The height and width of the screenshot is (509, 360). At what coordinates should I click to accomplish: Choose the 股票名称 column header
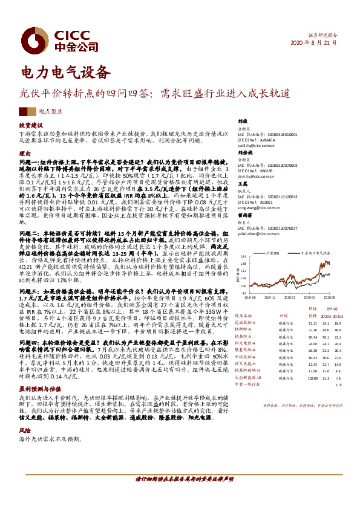[241, 315]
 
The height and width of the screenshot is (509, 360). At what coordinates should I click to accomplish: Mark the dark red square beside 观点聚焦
[23, 112]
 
